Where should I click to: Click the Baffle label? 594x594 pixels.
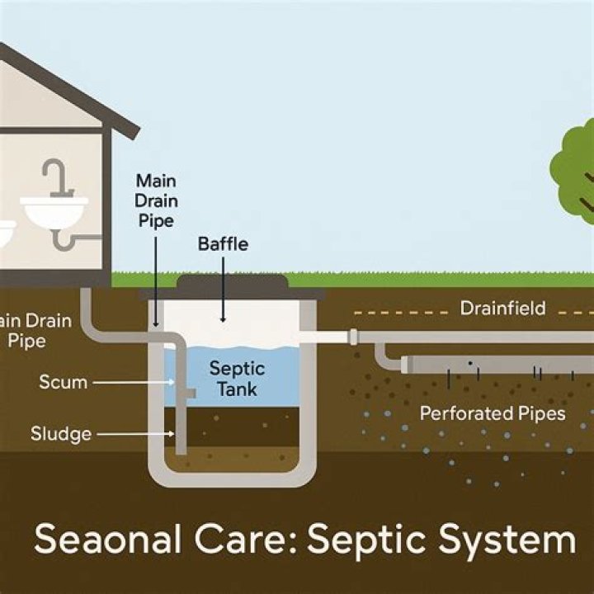tap(223, 244)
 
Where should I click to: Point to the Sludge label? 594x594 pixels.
tap(59, 433)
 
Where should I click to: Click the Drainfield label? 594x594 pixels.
tap(502, 309)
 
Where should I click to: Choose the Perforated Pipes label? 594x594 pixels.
tap(493, 413)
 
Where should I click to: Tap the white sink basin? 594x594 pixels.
tap(54, 212)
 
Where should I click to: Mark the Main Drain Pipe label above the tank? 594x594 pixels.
tap(155, 200)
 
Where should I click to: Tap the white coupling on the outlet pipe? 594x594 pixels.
tap(353, 337)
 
